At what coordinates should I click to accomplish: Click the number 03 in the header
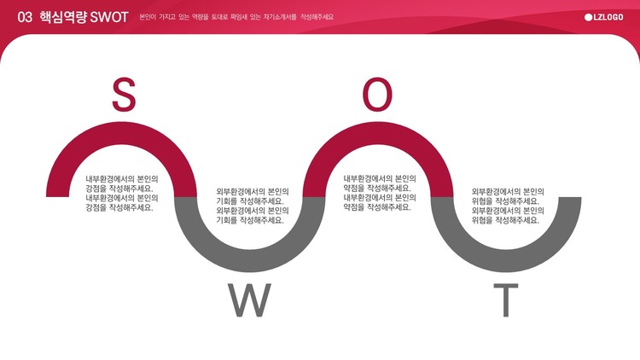click(25, 17)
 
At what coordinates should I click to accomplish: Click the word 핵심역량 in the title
click(63, 17)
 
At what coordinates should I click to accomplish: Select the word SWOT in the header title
click(109, 17)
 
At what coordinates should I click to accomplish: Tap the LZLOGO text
click(608, 17)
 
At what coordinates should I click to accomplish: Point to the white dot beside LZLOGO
click(588, 17)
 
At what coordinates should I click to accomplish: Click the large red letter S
click(124, 95)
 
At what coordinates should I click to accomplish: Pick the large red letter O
click(377, 95)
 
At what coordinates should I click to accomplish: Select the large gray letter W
click(249, 300)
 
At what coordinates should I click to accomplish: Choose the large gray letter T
click(506, 300)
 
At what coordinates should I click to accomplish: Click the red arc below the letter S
click(122, 133)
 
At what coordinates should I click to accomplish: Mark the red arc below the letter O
click(378, 133)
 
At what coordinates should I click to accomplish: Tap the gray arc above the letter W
click(250, 260)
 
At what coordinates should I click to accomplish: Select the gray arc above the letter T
click(506, 260)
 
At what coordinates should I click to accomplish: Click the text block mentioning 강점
click(122, 194)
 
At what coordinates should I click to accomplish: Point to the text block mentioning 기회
click(253, 206)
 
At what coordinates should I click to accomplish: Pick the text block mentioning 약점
click(380, 193)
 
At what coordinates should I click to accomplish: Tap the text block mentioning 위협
click(509, 206)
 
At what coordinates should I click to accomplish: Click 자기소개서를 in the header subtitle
click(280, 17)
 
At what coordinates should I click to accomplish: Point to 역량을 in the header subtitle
click(200, 17)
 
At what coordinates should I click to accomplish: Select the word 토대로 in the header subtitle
click(219, 17)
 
